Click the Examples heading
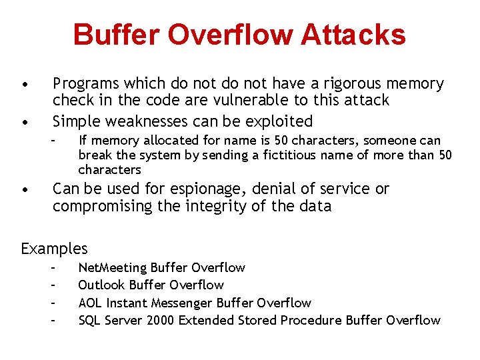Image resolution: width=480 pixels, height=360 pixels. [54, 249]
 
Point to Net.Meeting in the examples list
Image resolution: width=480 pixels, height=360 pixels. [113, 268]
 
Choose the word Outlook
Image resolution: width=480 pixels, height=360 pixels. [100, 285]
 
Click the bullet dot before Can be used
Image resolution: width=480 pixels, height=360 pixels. [24, 189]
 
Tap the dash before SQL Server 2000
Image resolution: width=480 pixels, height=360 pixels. [52, 321]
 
